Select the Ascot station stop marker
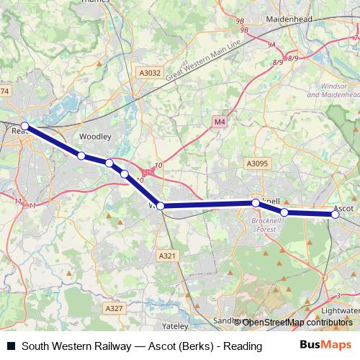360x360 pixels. pos(336,214)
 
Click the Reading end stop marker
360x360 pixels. pos(24,127)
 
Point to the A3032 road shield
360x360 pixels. pos(150,73)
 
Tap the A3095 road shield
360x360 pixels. pos(256,164)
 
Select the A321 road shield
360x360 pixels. pos(167,256)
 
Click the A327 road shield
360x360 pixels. pos(114,308)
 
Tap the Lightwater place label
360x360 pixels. pos(339,310)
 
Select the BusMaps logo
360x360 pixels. pos(325,346)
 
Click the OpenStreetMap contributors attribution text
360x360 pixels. pos(297,323)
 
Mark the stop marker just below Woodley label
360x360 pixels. pos(81,156)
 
